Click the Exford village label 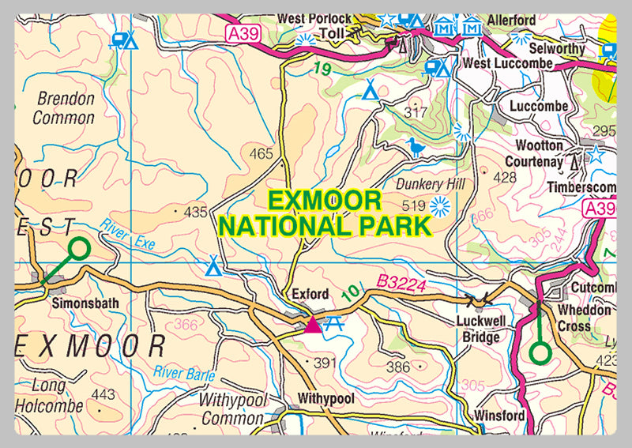[310, 294]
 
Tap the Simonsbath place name [80, 302]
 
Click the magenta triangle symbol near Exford [313, 323]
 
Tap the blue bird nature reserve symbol [416, 147]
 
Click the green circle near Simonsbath [78, 250]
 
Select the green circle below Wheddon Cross [540, 352]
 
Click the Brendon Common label [65, 109]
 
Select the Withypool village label [326, 398]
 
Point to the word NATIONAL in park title [284, 226]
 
